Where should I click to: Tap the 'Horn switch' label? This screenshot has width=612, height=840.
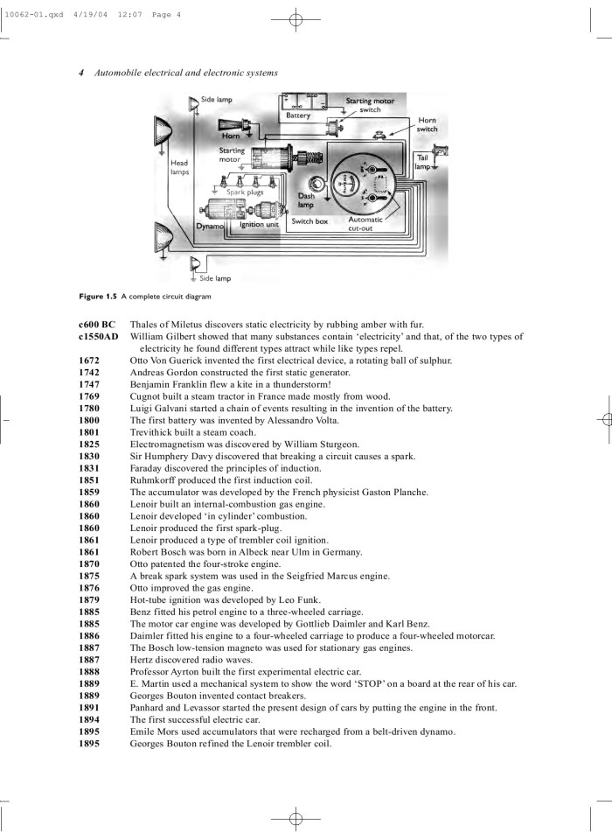tap(427, 125)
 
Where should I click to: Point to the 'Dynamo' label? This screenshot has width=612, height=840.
tap(210, 226)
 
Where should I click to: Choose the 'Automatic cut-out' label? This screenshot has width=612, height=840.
tap(365, 224)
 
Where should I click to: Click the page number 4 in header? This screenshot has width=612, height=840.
tap(80, 73)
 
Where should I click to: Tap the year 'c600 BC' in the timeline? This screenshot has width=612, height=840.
tap(96, 325)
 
